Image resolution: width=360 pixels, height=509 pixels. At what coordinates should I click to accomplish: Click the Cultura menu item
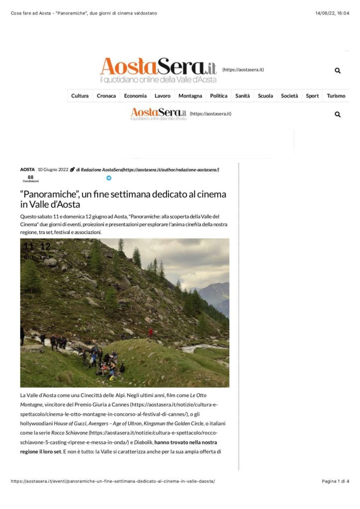tap(80, 96)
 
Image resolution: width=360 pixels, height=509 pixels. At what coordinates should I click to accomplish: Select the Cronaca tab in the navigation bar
tap(106, 96)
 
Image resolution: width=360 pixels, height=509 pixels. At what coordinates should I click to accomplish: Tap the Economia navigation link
tap(135, 96)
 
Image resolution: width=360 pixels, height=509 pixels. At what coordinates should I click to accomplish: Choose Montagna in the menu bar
tap(190, 96)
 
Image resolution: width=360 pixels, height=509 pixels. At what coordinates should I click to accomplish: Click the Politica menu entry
tap(219, 96)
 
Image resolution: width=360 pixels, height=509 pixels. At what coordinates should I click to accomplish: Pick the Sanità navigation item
tap(243, 96)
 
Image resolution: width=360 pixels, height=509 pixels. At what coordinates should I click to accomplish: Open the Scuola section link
tap(266, 96)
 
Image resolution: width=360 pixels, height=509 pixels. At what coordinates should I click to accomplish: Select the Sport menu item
tap(312, 96)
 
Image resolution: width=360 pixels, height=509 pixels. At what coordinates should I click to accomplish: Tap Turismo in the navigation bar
tap(336, 96)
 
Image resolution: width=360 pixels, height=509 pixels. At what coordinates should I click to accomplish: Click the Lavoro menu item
tap(163, 96)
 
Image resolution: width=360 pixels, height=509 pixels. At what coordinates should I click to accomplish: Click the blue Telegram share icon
tap(109, 178)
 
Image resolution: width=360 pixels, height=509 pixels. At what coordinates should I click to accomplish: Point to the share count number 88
tap(30, 177)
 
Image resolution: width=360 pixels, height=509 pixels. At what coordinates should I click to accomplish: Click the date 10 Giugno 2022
tap(53, 170)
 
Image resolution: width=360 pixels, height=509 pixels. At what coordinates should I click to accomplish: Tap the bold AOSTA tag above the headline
tap(27, 170)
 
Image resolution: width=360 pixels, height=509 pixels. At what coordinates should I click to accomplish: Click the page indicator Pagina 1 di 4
tap(336, 481)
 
